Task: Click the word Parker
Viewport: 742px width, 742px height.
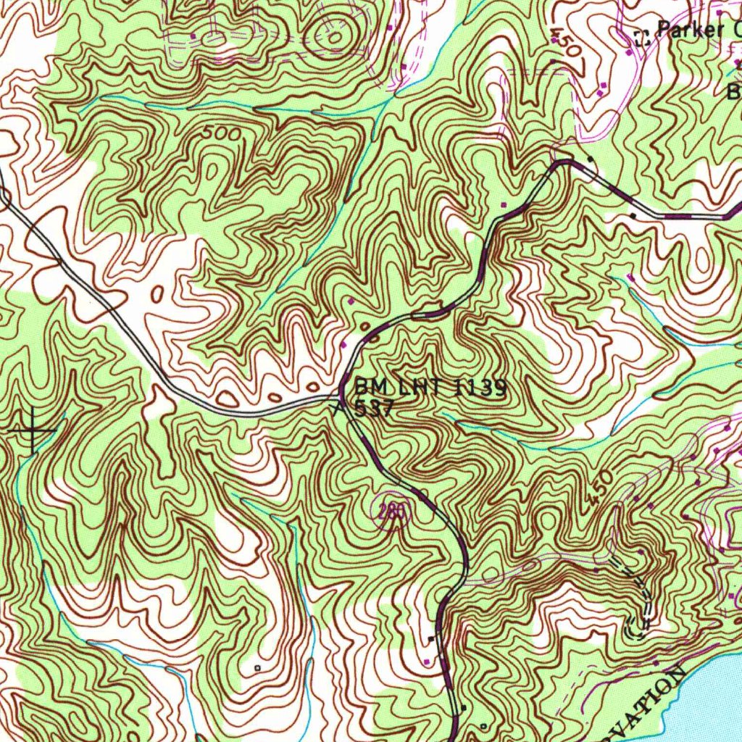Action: (689, 30)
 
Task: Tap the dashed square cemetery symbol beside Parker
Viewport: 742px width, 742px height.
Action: (641, 38)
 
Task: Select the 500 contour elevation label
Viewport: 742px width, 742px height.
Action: (222, 135)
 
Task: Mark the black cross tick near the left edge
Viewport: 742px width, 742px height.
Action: (33, 431)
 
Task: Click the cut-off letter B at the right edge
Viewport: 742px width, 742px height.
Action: (734, 92)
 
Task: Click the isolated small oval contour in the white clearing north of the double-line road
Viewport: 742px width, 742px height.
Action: (158, 293)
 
